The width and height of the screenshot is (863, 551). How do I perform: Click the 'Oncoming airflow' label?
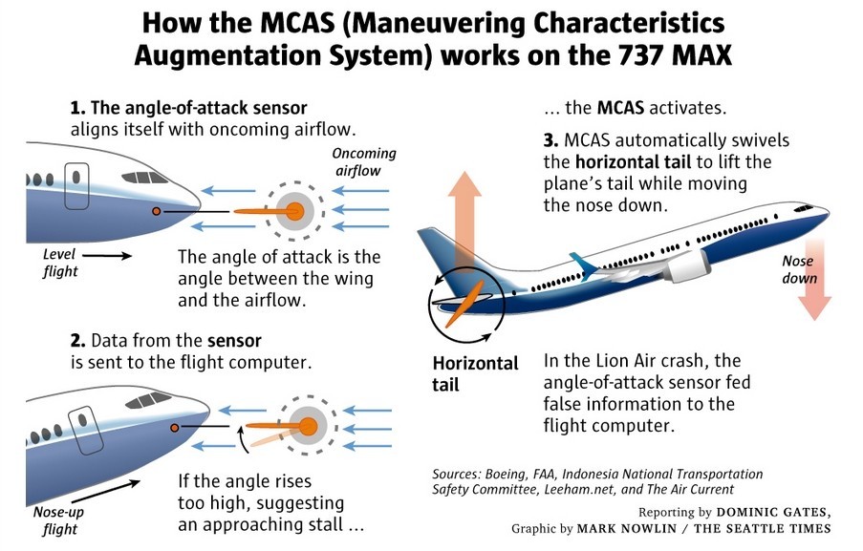tap(364, 161)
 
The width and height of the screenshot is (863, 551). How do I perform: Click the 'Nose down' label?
tap(800, 269)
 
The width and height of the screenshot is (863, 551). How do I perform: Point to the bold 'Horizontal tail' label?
tap(475, 373)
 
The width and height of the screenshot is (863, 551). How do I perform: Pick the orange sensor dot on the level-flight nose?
tap(156, 210)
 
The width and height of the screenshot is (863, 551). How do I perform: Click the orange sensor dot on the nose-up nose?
tap(174, 428)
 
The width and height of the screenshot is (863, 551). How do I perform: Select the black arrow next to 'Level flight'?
tap(112, 256)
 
